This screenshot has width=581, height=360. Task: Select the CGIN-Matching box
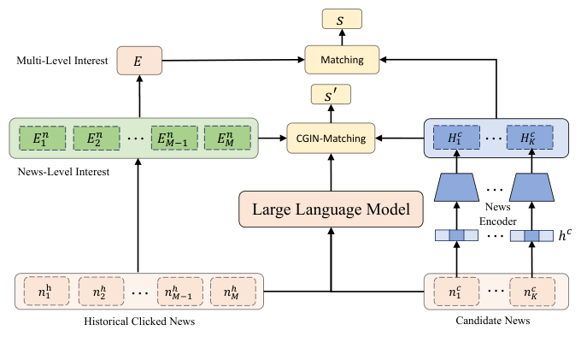click(331, 138)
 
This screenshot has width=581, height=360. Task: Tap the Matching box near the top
click(342, 60)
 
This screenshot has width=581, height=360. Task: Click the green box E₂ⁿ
click(93, 138)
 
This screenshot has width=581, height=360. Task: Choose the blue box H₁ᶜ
click(455, 138)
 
